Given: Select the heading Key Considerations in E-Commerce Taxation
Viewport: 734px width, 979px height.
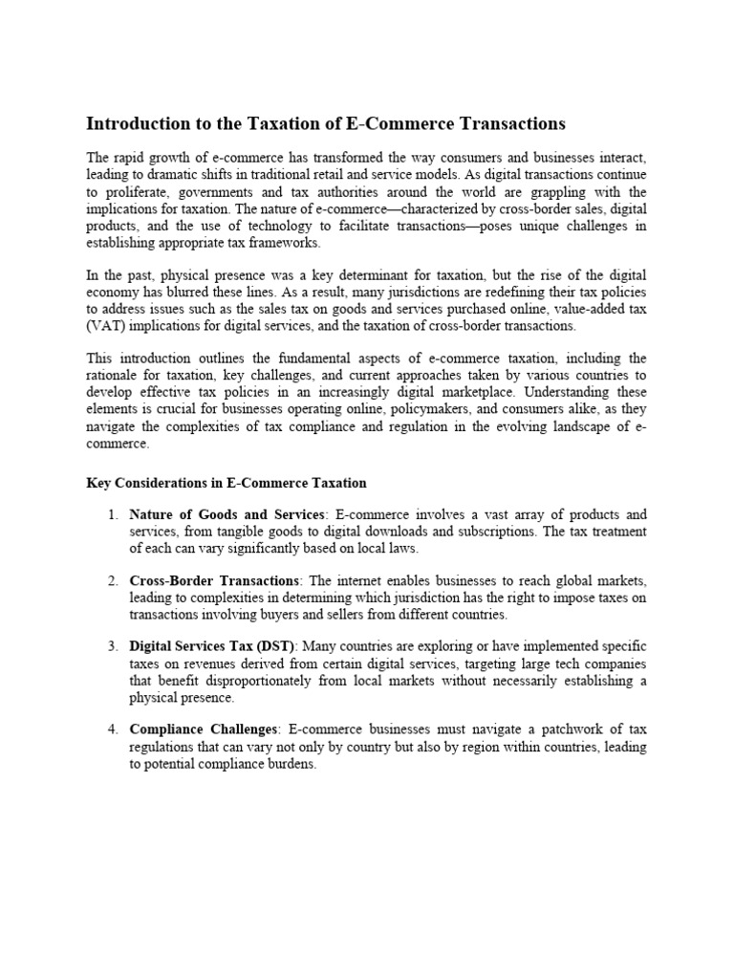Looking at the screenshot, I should (227, 483).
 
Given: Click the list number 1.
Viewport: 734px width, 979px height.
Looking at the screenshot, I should (112, 514).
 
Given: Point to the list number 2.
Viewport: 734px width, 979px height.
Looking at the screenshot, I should (112, 580).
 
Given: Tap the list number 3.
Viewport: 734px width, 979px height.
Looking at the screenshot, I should (112, 646).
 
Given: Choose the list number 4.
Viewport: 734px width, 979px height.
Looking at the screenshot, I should (112, 730).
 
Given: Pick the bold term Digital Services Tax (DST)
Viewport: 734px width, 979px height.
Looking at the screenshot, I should (212, 646).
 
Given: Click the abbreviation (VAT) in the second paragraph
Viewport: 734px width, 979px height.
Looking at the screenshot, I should (105, 325).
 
